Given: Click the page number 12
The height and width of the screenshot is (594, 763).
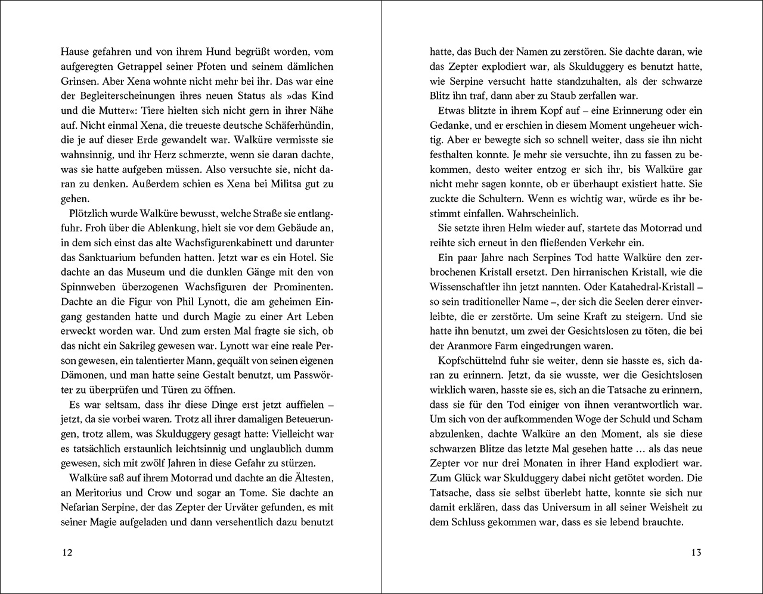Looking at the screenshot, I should pyautogui.click(x=67, y=552).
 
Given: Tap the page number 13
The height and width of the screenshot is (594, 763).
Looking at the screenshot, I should pyautogui.click(x=696, y=552).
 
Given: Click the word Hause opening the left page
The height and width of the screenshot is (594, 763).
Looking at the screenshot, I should pyautogui.click(x=74, y=52).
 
